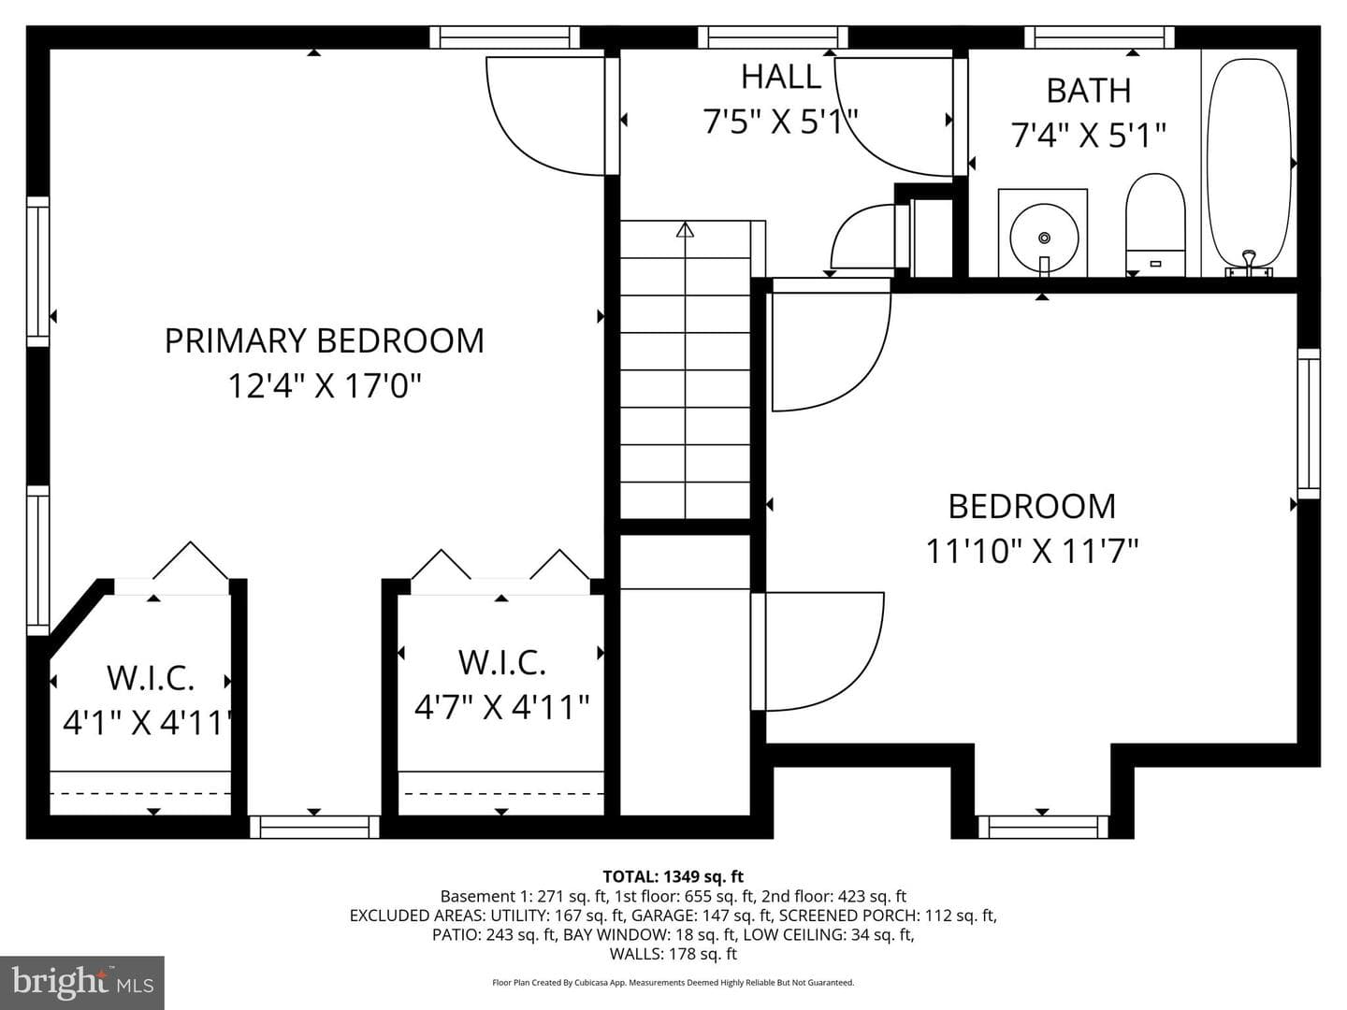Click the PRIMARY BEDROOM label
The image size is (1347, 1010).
324,340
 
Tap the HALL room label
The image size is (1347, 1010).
780,77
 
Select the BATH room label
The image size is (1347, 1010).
1089,91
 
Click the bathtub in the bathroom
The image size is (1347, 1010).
1249,166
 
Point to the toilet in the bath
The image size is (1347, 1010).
1155,224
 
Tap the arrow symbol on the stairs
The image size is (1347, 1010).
685,230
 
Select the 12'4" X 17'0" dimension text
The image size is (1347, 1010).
325,386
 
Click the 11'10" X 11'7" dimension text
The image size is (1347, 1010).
1032,551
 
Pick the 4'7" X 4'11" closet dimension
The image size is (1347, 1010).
502,707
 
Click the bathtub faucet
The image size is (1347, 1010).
1249,264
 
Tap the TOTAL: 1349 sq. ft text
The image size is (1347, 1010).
673,876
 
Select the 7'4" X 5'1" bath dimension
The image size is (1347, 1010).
1088,135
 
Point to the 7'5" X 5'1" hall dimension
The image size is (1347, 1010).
780,121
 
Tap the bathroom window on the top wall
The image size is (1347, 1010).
1099,37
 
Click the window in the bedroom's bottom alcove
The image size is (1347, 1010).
1043,827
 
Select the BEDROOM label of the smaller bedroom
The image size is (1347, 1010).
1032,507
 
